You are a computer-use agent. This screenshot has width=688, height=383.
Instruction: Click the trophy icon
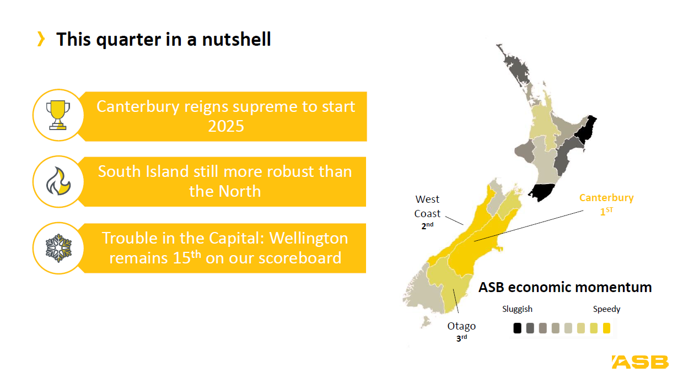coord(58,115)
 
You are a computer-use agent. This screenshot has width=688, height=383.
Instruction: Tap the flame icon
coord(58,181)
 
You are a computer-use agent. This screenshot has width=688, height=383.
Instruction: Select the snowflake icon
coord(58,248)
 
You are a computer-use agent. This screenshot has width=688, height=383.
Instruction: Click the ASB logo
coord(640,362)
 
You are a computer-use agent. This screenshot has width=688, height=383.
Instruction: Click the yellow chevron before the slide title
coord(41,39)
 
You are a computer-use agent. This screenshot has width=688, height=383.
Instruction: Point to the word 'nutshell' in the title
coord(236,39)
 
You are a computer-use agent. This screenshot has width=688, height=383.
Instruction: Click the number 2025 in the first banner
coord(226,126)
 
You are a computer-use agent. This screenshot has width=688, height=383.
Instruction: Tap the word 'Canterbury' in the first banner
coord(138,107)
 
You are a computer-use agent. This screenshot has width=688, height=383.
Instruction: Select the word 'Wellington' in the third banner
coord(309,239)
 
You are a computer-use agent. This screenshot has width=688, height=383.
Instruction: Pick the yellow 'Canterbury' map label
coord(606,197)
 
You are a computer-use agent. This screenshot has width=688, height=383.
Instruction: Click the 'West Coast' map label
coord(427,207)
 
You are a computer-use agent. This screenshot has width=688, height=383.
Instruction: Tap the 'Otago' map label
coord(461,326)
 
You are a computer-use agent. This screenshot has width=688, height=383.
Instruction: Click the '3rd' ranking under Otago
coord(461,338)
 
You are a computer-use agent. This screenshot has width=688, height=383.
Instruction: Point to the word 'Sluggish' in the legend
coord(517,309)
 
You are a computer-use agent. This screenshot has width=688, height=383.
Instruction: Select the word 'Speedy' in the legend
coord(606,309)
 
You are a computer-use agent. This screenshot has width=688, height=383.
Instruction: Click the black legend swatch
coord(517,328)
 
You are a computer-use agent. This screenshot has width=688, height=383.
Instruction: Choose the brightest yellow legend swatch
coord(606,328)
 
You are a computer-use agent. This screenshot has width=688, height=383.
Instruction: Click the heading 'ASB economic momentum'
coord(565,288)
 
